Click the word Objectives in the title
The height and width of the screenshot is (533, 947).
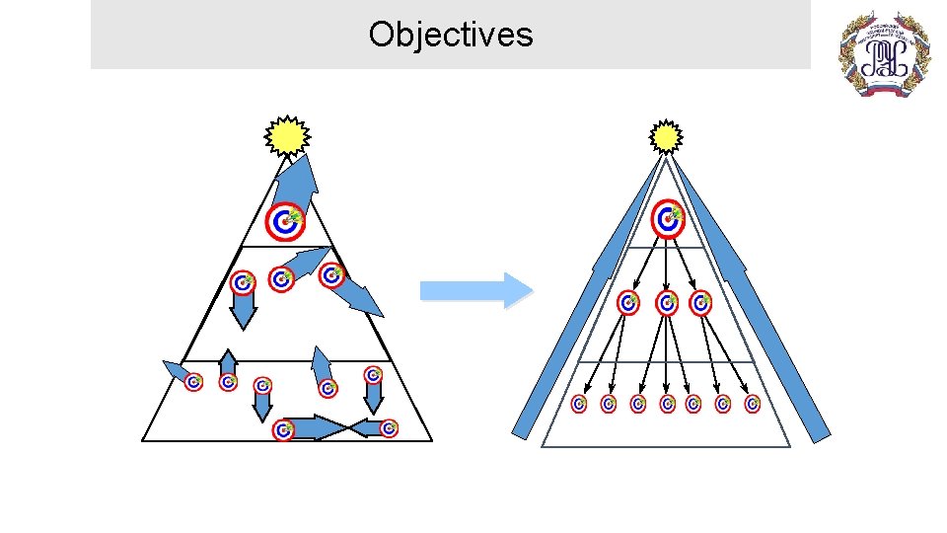(x=451, y=36)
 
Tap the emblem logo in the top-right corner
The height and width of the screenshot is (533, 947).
(x=884, y=54)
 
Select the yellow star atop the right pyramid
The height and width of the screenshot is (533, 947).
(x=667, y=137)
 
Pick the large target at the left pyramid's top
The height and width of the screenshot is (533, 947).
(x=285, y=221)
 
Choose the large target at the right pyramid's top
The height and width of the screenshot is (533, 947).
(x=668, y=218)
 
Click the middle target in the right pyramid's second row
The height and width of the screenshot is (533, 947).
(x=667, y=302)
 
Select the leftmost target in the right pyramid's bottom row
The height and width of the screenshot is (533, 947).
(x=579, y=404)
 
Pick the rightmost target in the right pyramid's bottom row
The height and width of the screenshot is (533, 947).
(x=753, y=404)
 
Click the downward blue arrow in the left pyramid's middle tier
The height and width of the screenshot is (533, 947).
(x=243, y=312)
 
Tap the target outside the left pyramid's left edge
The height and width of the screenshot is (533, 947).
(x=193, y=382)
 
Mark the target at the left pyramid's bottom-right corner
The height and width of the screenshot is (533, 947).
(x=390, y=428)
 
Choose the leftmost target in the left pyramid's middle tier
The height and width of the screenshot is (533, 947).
(x=242, y=284)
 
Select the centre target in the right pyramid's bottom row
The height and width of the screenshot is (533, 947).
(x=667, y=404)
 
